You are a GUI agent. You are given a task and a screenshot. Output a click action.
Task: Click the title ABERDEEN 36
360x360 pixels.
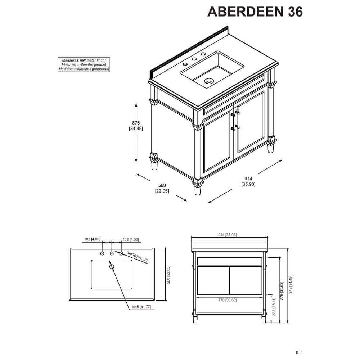click(x=255, y=12)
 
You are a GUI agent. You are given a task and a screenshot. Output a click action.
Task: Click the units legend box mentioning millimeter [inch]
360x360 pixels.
click(x=84, y=64)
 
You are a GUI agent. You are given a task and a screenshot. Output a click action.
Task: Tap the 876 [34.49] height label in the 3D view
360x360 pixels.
click(x=136, y=126)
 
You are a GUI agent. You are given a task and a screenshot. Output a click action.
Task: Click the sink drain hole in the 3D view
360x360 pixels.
click(x=208, y=81)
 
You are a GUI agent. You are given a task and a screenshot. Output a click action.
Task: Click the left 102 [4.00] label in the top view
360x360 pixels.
click(x=92, y=239)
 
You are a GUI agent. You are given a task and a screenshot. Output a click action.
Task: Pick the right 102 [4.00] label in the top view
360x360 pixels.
click(x=131, y=239)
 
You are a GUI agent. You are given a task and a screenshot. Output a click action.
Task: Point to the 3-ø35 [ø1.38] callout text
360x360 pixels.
click(x=137, y=258)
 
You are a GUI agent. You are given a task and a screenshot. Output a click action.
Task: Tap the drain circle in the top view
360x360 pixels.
click(x=112, y=266)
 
